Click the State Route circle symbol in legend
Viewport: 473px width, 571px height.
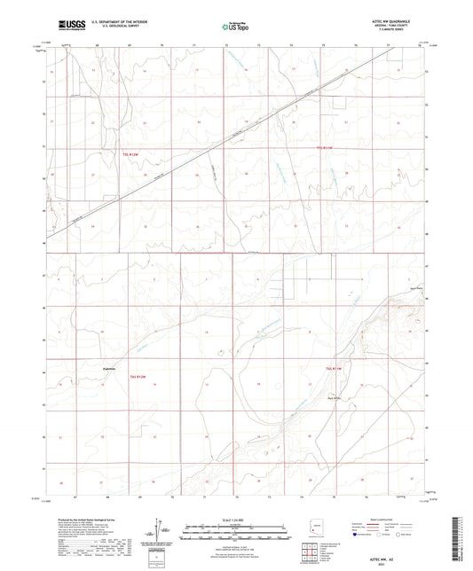point(425,536)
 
